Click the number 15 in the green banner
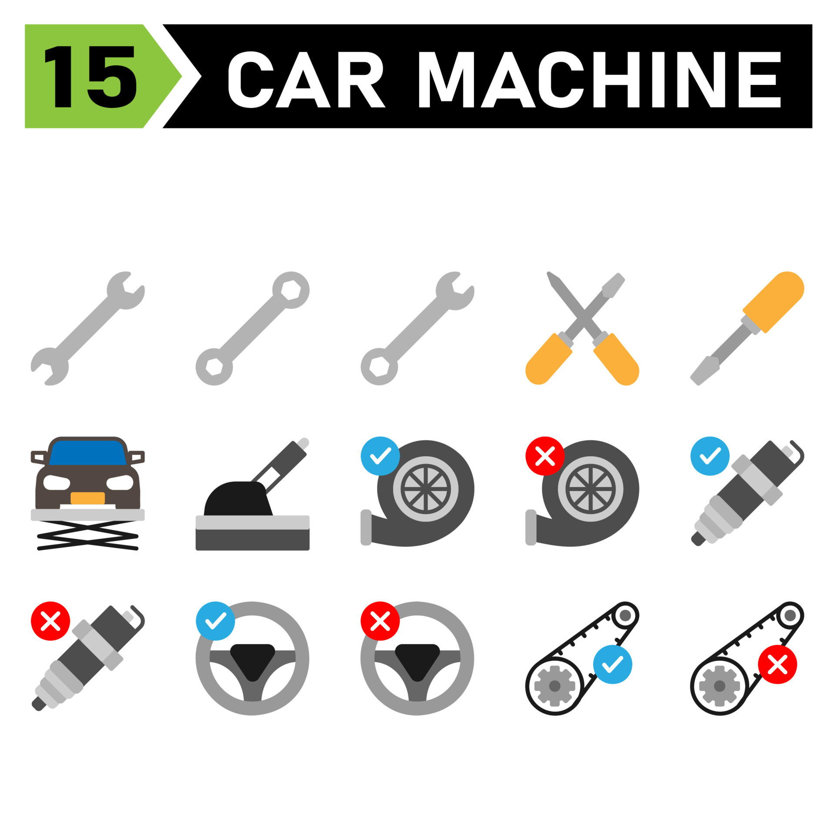pyautogui.click(x=90, y=76)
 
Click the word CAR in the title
pyautogui.click(x=307, y=79)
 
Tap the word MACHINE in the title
pyautogui.click(x=599, y=79)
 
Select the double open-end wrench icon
pyautogui.click(x=88, y=328)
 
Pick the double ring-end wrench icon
pyautogui.click(x=252, y=328)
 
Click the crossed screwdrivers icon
pyautogui.click(x=582, y=328)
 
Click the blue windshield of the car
pyautogui.click(x=87, y=453)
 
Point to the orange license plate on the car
pyautogui.click(x=87, y=498)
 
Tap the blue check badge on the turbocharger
pyautogui.click(x=380, y=456)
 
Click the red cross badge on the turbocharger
pyautogui.click(x=545, y=456)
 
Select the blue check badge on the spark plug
pyautogui.click(x=710, y=456)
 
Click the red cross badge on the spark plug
pyautogui.click(x=50, y=621)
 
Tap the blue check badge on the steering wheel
pyautogui.click(x=215, y=621)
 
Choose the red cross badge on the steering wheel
pyautogui.click(x=380, y=621)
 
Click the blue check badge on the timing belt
pyautogui.click(x=612, y=664)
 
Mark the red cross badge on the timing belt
pyautogui.click(x=777, y=664)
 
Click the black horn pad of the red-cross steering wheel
pyautogui.click(x=417, y=661)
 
